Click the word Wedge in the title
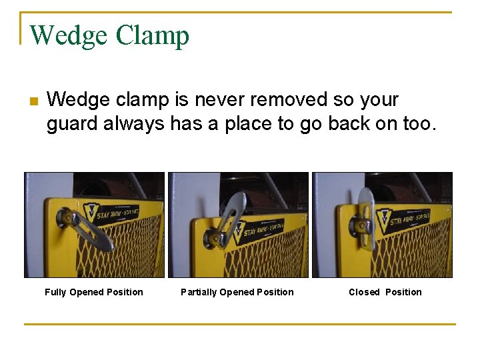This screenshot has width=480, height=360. click(68, 35)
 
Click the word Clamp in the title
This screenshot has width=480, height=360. click(153, 35)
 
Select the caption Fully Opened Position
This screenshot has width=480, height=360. click(94, 292)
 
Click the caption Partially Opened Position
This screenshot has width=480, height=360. click(237, 292)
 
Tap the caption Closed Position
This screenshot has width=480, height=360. click(385, 292)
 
